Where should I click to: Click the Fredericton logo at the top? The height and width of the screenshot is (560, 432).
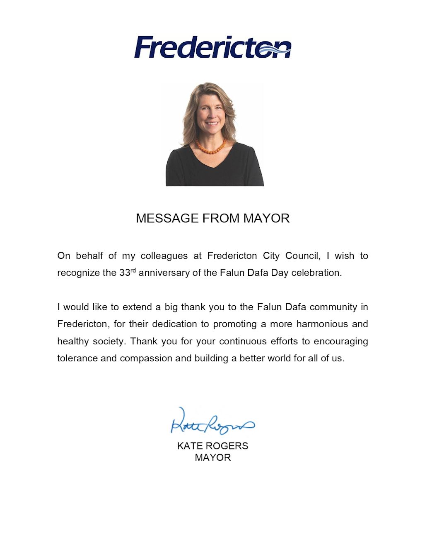click(x=212, y=47)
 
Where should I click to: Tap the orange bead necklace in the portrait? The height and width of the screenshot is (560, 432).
click(x=212, y=146)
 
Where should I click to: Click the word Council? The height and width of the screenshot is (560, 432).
click(x=303, y=256)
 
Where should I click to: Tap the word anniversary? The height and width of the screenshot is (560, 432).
click(x=164, y=273)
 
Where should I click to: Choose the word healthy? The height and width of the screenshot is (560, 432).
click(x=72, y=341)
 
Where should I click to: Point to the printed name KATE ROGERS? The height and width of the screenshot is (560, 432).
click(x=212, y=446)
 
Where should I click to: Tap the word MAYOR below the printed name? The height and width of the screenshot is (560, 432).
click(x=212, y=458)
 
